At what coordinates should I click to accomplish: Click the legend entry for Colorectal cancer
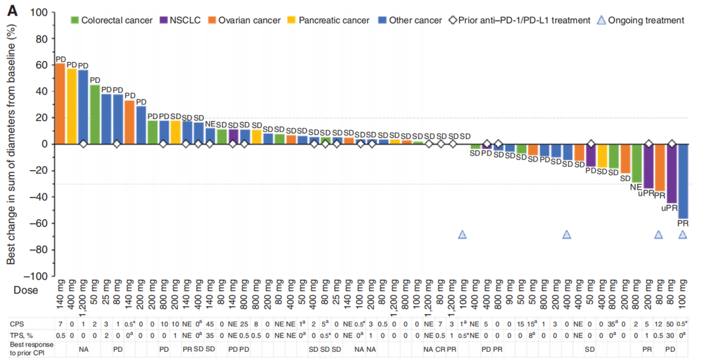click(111, 20)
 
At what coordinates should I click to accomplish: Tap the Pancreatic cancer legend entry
click(328, 20)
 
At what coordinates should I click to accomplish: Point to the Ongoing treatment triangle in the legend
click(601, 20)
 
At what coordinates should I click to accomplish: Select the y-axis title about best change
click(11, 144)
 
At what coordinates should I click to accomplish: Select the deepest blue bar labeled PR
click(683, 181)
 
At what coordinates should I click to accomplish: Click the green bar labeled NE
click(637, 163)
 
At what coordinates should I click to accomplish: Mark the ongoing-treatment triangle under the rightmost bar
click(683, 235)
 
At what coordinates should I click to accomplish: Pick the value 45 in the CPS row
click(210, 324)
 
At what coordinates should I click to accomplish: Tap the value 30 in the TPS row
click(671, 336)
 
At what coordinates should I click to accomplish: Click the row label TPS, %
click(21, 336)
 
